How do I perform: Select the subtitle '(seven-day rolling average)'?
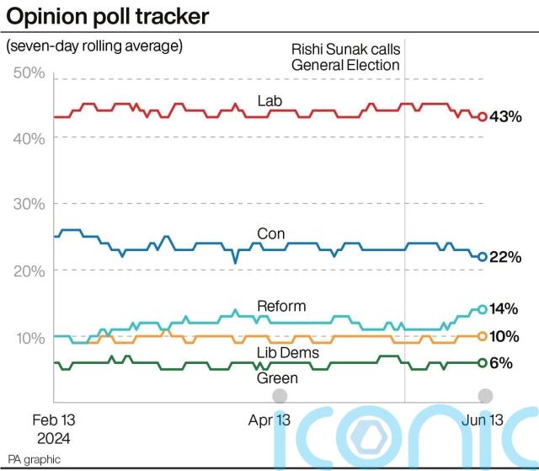coord(94,46)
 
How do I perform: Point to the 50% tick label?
coord(30,73)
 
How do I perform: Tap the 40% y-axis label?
coord(30,138)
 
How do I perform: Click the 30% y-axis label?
coord(30,204)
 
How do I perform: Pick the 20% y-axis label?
coord(30,270)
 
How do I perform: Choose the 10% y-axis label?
coord(30,337)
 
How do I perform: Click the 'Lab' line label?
coord(269,101)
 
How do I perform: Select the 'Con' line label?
coord(270,233)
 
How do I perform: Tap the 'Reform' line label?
coord(281,305)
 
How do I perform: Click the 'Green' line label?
coord(277,378)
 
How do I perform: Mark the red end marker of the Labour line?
coord(483,117)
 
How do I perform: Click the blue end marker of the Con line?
coord(483,257)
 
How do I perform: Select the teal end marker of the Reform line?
coord(483,309)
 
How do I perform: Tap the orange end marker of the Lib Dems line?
coord(483,335)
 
